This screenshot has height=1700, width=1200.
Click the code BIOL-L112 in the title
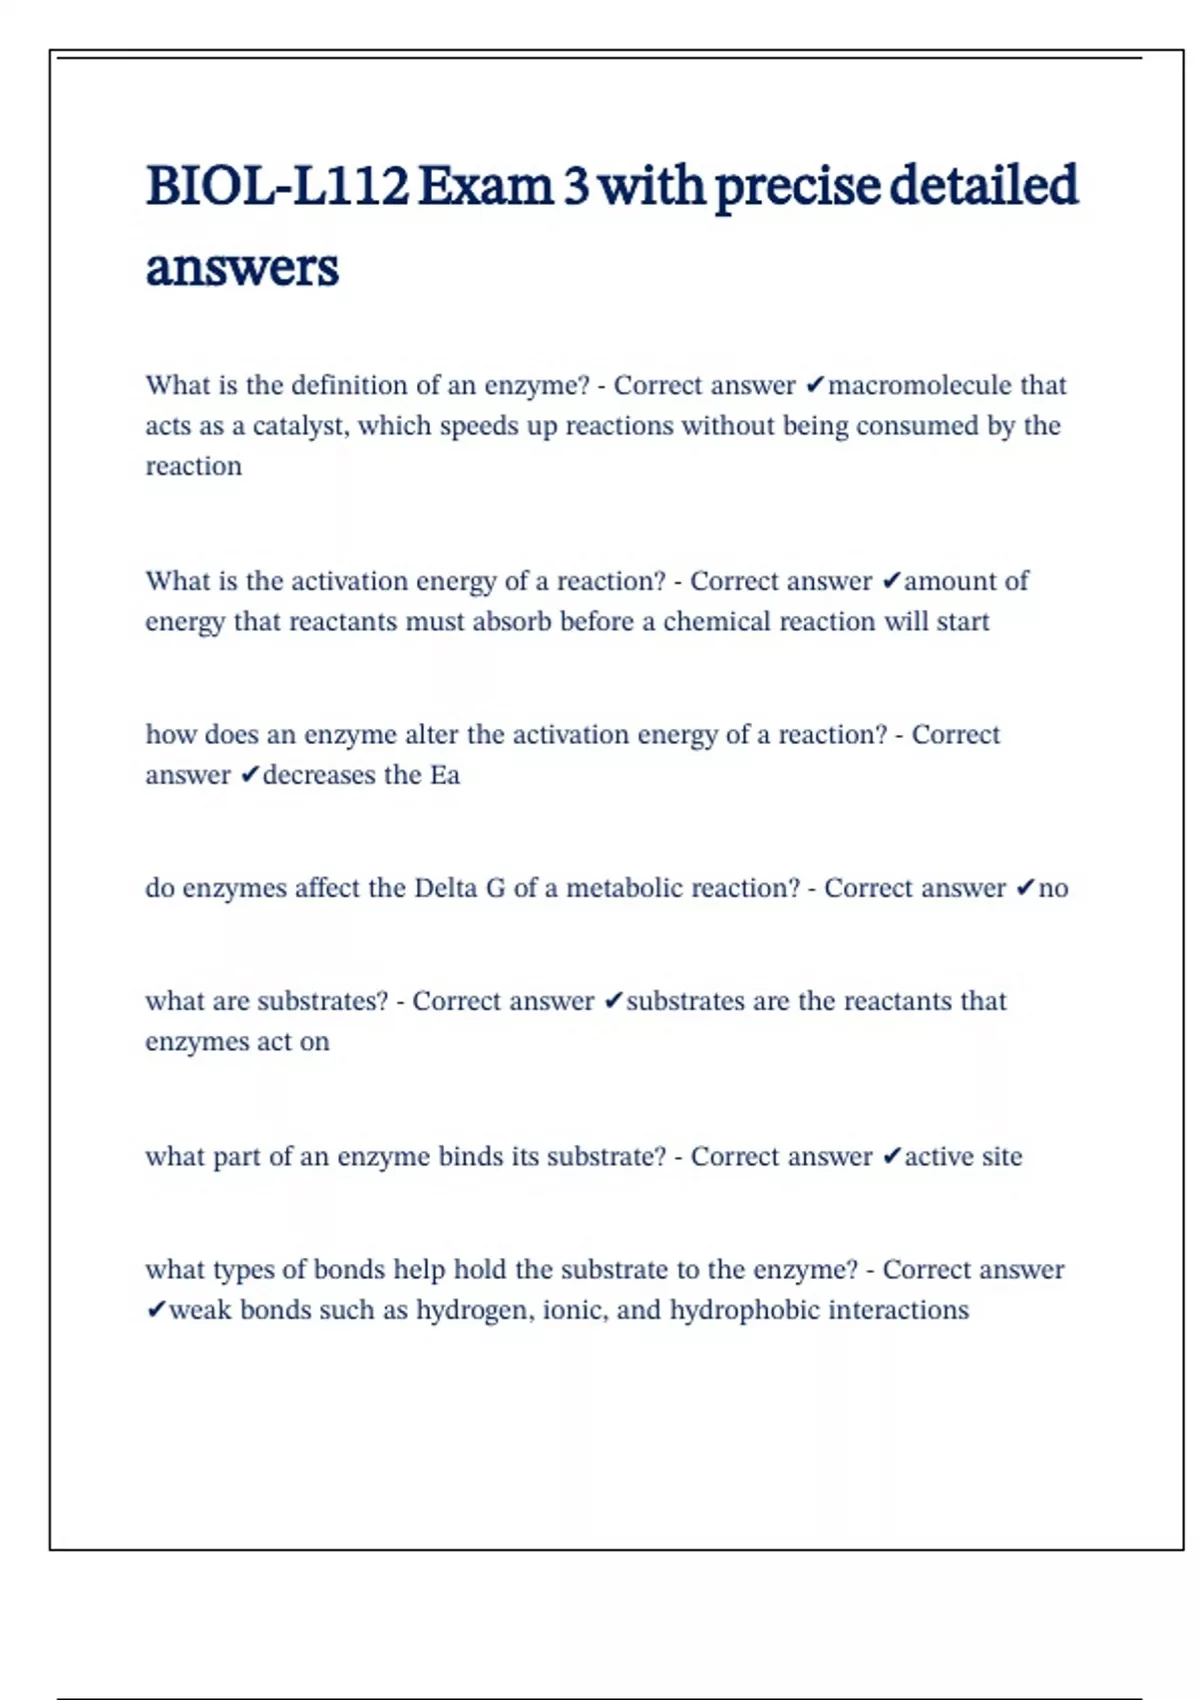pos(277,187)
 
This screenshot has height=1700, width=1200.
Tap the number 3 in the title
pos(575,187)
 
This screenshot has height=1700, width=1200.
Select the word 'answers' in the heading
pos(242,268)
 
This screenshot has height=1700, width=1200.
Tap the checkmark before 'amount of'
pos(892,581)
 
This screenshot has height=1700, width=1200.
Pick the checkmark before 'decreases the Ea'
pos(250,775)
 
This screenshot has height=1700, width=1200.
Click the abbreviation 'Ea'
pos(445,775)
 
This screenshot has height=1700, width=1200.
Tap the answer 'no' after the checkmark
pos(1053,888)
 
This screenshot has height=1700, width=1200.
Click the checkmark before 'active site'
pos(892,1157)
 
